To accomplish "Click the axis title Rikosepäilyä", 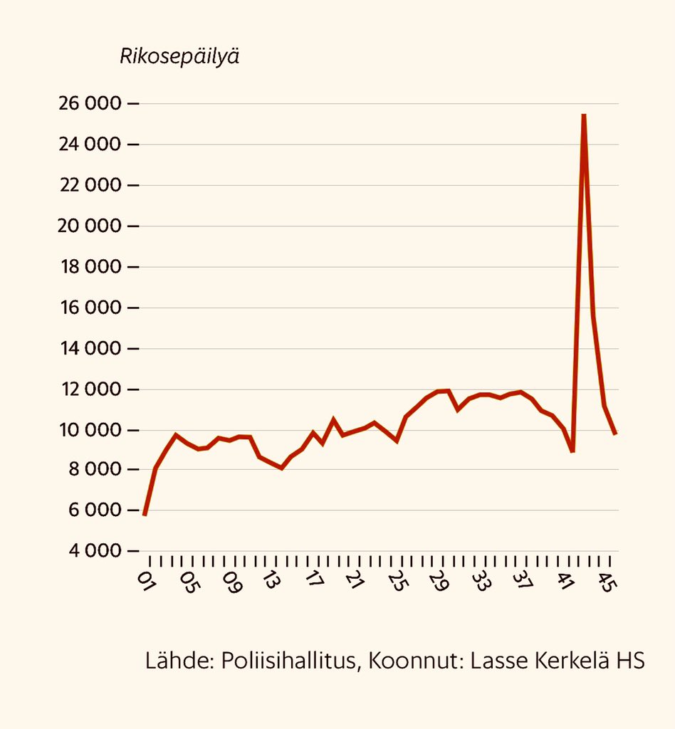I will point(179,56).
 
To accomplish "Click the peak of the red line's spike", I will point(584,115).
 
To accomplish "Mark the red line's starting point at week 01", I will point(145,514).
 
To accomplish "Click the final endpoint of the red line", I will point(615,434).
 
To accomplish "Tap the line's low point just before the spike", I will point(572,451).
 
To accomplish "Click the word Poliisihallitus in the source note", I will point(289,660).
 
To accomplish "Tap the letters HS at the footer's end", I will point(629,660).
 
